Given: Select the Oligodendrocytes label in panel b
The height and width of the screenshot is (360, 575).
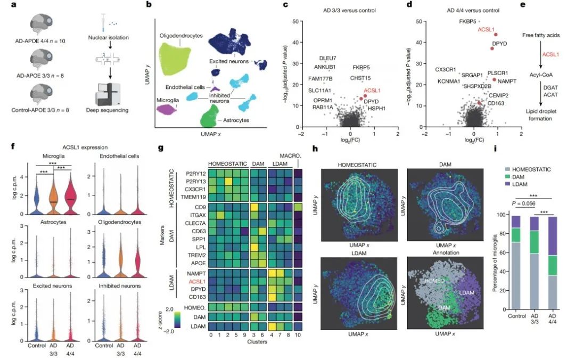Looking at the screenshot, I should (182, 36).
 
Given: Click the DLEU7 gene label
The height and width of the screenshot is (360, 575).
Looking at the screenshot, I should (327, 58).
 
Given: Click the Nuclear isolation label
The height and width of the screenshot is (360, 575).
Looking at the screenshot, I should (114, 37).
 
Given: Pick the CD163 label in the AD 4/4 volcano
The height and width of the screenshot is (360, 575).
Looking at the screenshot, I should (496, 103).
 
